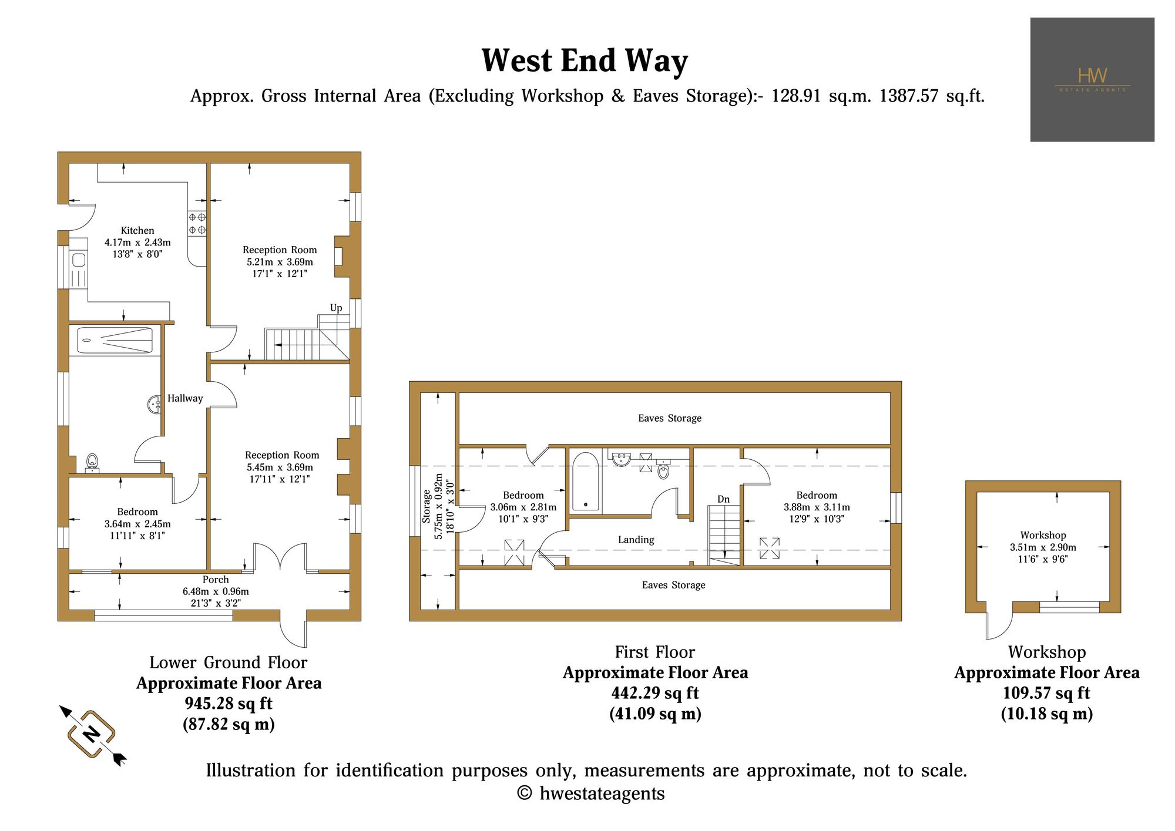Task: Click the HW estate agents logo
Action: [x=1092, y=79]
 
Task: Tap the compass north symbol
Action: [x=92, y=735]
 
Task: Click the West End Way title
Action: [x=585, y=61]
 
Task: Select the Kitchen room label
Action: [x=137, y=231]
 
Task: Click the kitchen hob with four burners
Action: [x=197, y=224]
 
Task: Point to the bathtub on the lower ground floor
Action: [x=115, y=341]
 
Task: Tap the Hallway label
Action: [x=185, y=398]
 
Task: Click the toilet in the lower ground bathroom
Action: [x=92, y=463]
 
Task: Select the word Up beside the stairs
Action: [x=336, y=308]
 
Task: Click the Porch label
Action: [x=216, y=580]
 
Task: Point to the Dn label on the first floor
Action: [x=724, y=499]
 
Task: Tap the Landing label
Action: [x=636, y=540]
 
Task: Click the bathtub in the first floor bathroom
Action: [x=586, y=481]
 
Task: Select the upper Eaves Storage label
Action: [x=670, y=418]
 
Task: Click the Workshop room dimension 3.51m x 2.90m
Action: [x=1043, y=547]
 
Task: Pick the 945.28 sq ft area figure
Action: [x=229, y=704]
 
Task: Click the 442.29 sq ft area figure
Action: [x=655, y=693]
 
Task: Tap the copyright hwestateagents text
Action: [x=591, y=793]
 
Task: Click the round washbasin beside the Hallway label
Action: [x=155, y=404]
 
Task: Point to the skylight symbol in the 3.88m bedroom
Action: [x=770, y=548]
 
